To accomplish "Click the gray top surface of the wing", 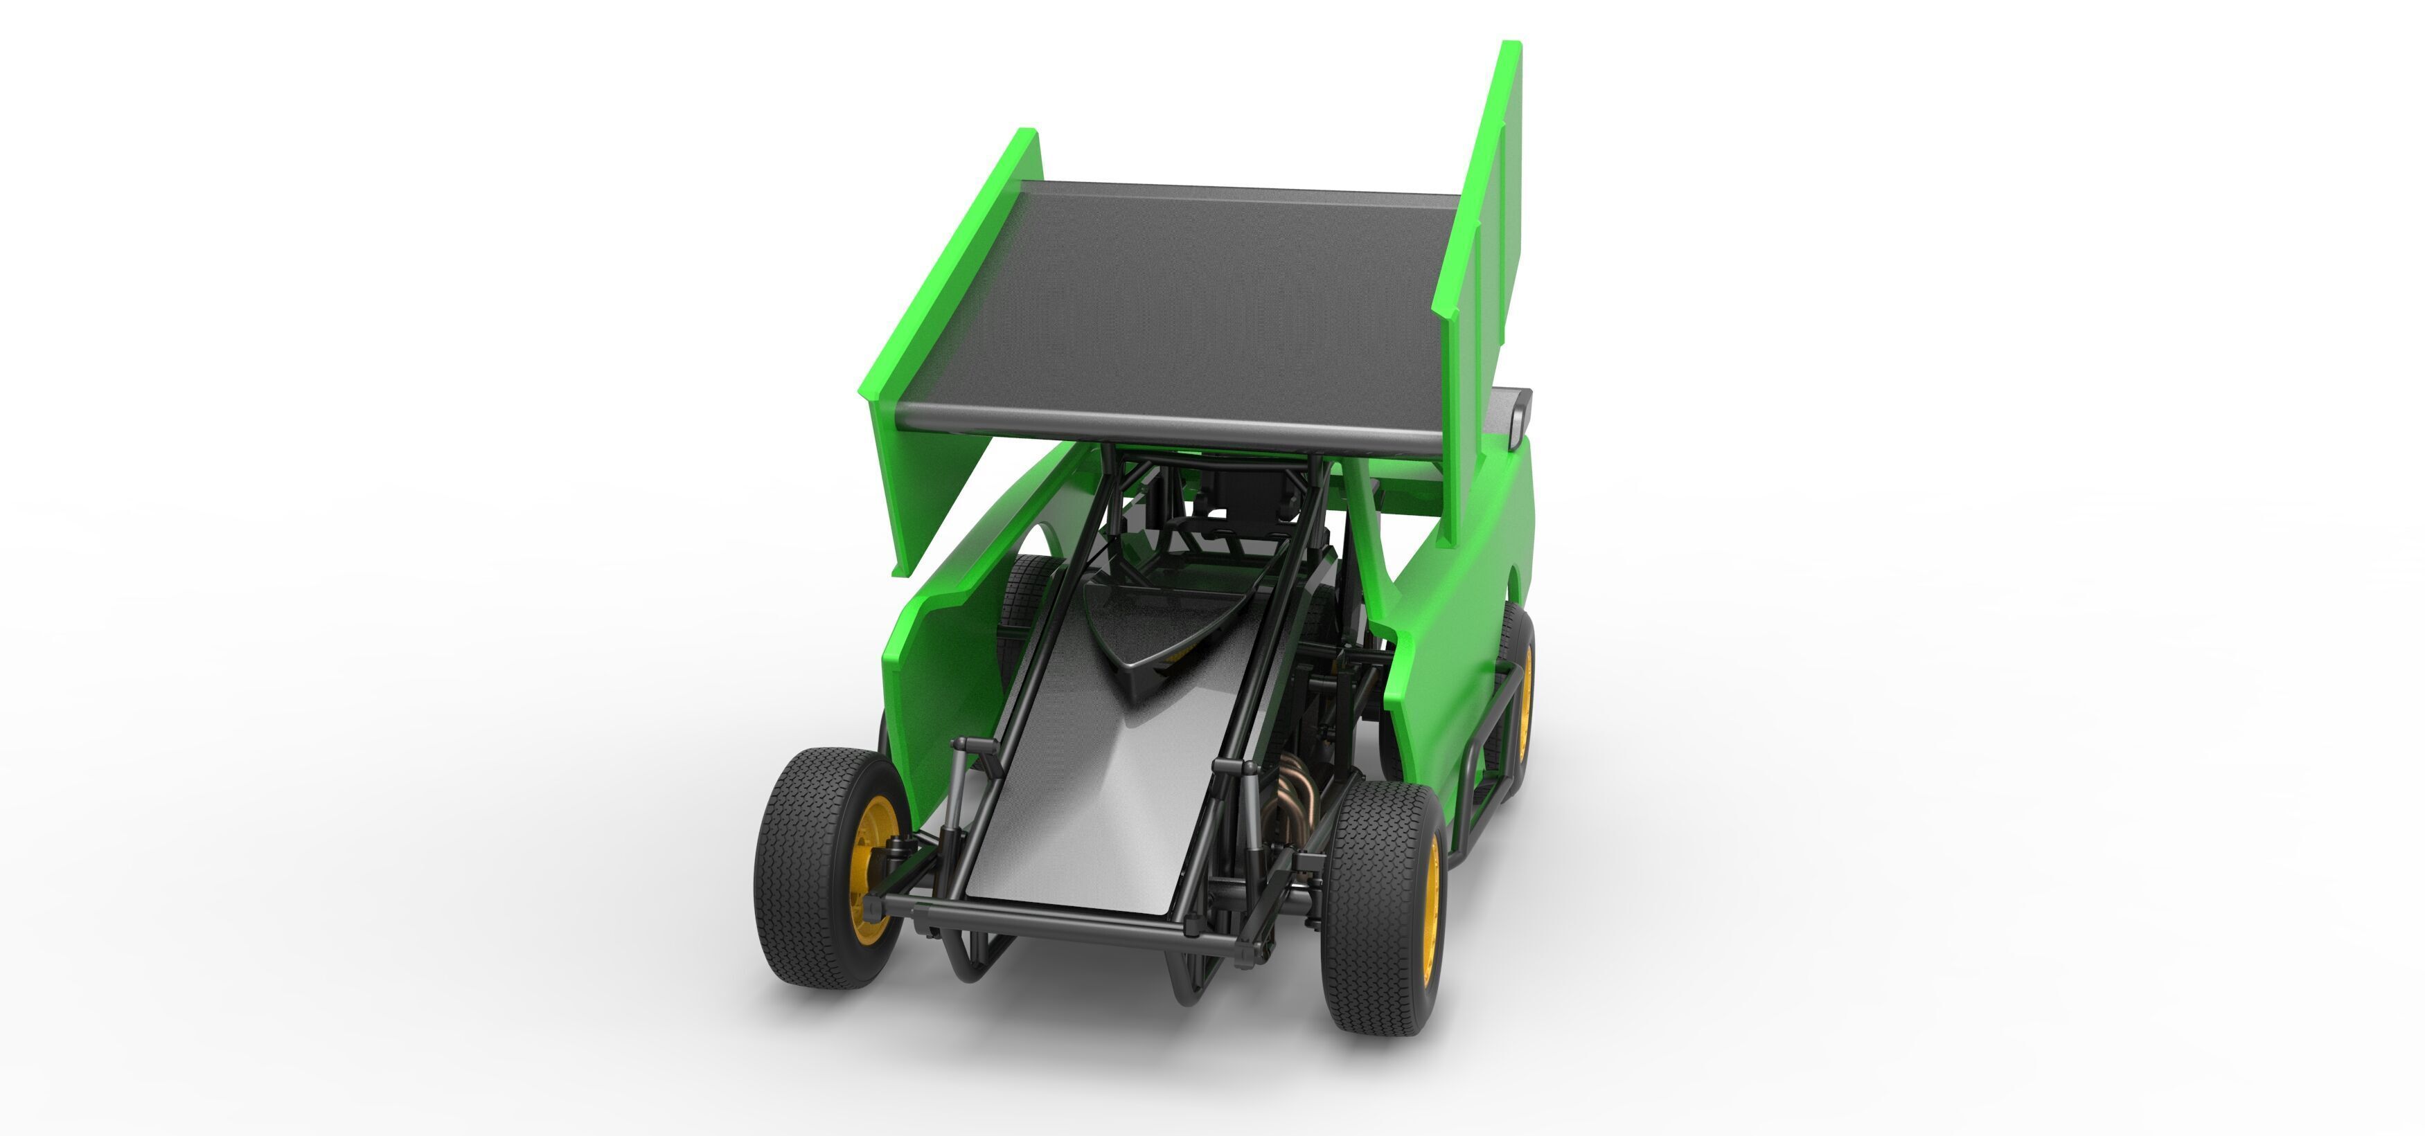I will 1177,301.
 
